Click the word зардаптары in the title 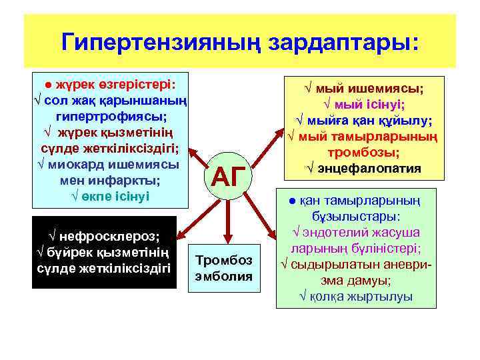pos(340,41)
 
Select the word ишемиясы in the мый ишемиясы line pos(389,88)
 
